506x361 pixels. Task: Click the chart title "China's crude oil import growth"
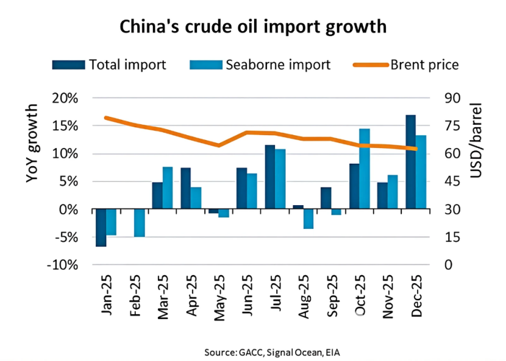pyautogui.click(x=252, y=27)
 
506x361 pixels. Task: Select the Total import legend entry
pyautogui.click(x=110, y=65)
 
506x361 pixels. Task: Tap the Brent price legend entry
pyautogui.click(x=408, y=65)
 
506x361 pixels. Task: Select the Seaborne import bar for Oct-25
pyautogui.click(x=365, y=169)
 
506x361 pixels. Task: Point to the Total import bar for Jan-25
pyautogui.click(x=101, y=228)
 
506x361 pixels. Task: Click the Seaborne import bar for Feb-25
pyautogui.click(x=139, y=223)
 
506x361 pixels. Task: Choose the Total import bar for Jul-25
pyautogui.click(x=270, y=177)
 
